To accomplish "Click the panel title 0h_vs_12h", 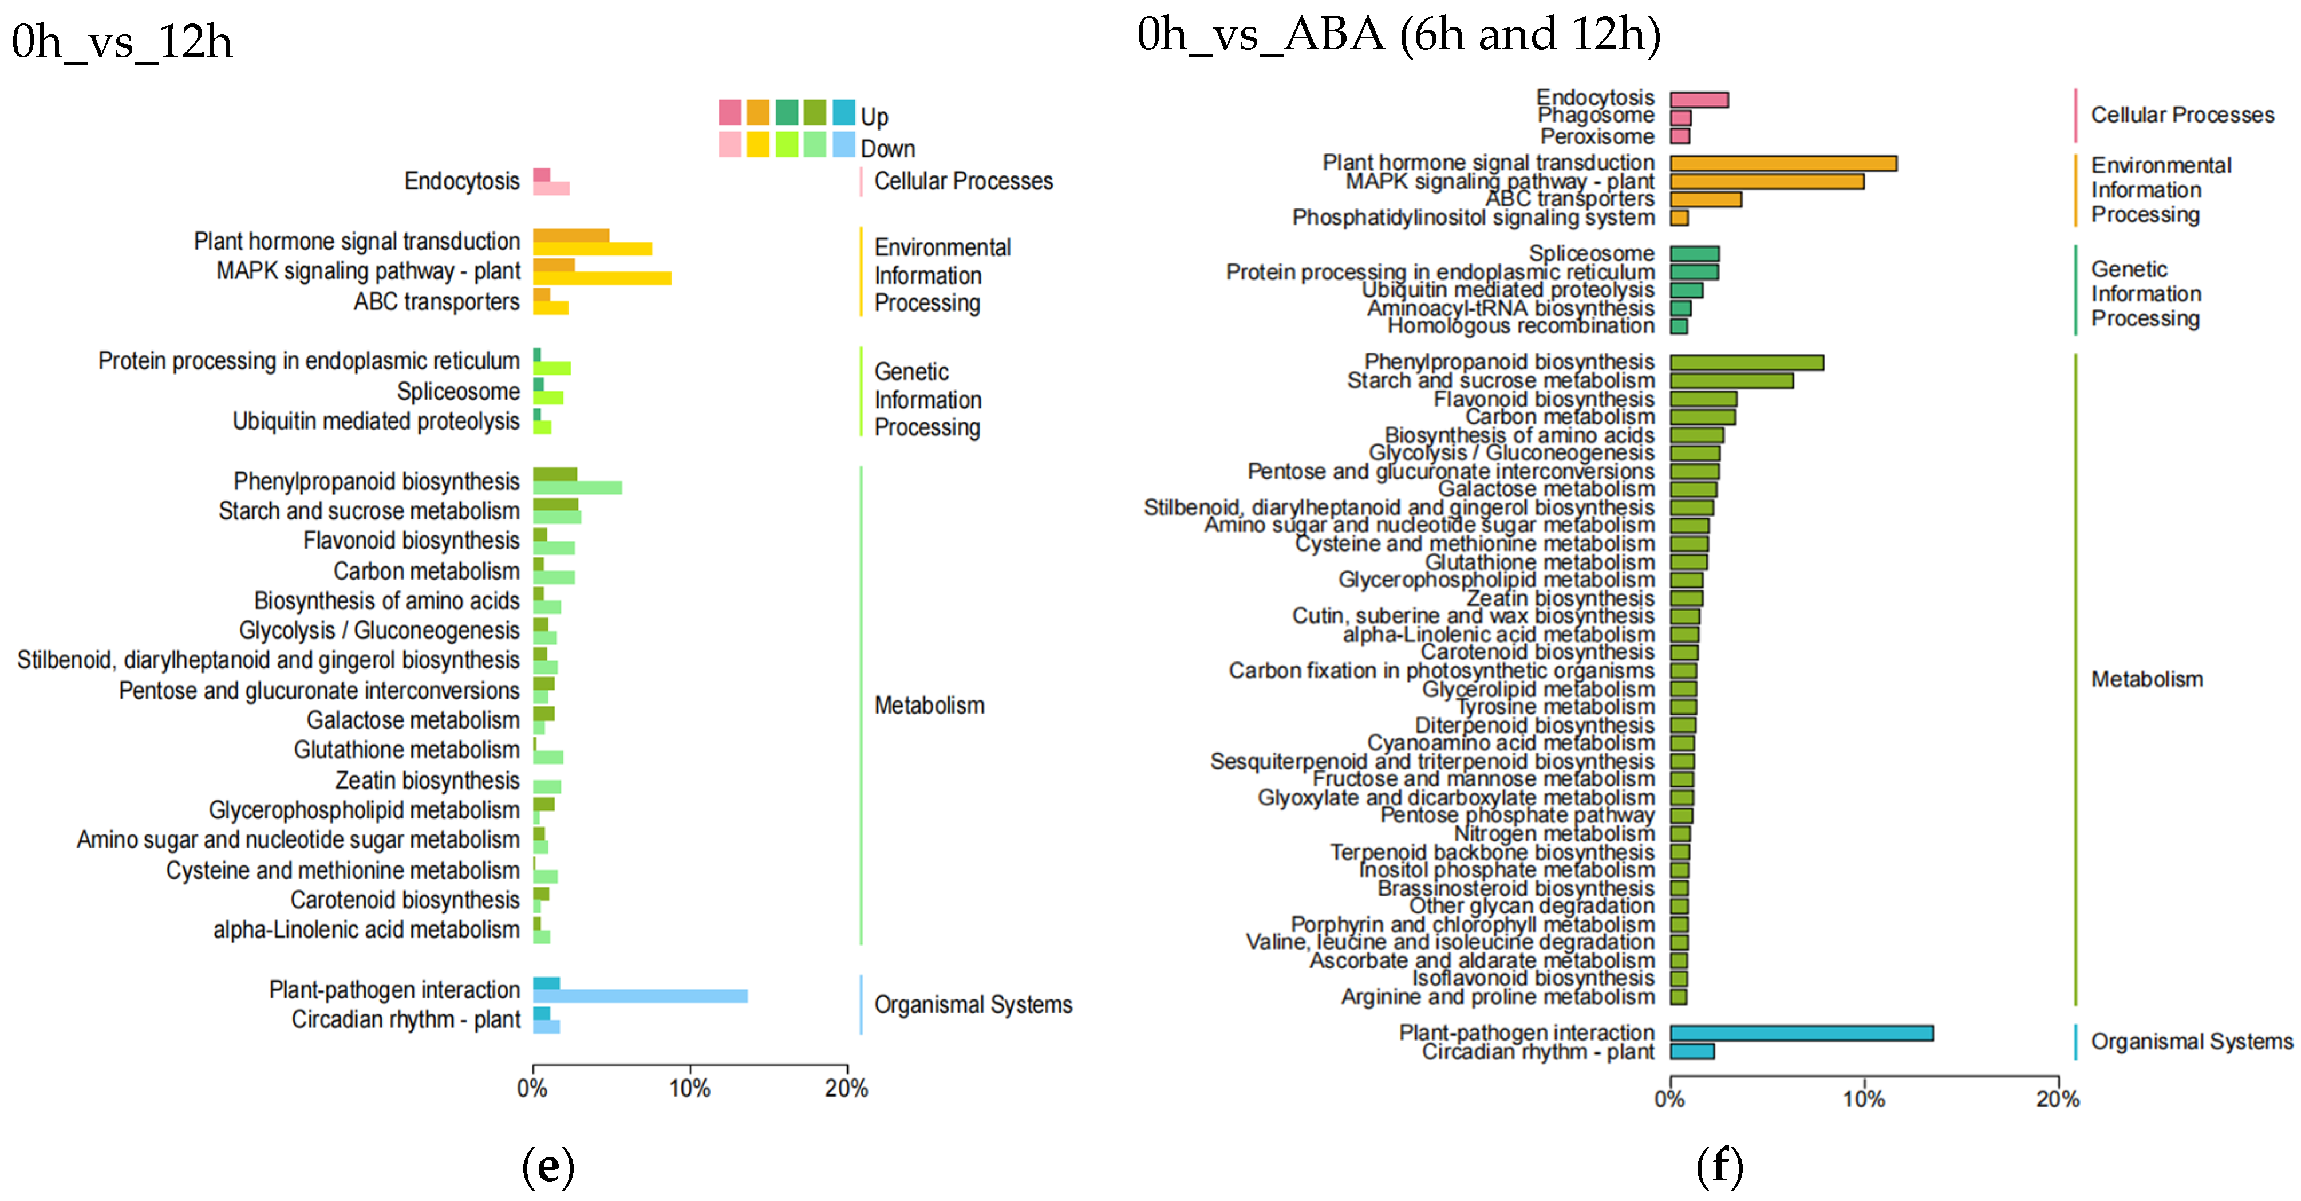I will point(123,42).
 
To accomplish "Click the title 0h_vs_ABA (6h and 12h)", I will point(1398,35).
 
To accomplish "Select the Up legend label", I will point(874,116).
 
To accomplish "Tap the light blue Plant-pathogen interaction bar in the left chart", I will point(640,995).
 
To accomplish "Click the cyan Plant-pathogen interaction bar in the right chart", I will point(1801,1033).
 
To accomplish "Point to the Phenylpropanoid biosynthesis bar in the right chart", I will point(1746,363).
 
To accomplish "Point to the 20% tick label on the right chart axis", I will point(2057,1099).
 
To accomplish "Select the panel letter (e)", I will point(547,1167).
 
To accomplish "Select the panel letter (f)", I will point(1719,1167).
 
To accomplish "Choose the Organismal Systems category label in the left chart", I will point(973,1005).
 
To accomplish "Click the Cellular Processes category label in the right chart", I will point(2182,115).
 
